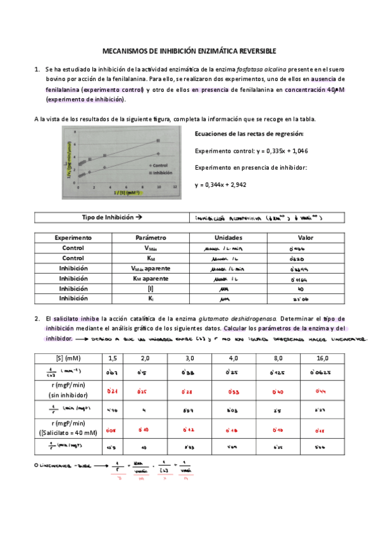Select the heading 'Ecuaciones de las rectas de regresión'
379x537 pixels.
pyautogui.click(x=249, y=134)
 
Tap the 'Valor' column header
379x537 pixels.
pyautogui.click(x=298, y=237)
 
